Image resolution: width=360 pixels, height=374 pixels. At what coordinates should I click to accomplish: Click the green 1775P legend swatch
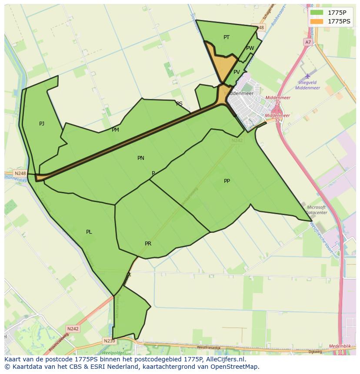point(317,12)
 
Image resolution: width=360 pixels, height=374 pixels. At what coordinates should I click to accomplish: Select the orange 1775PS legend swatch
point(317,21)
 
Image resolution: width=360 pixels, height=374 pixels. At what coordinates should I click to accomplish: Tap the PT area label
point(227,37)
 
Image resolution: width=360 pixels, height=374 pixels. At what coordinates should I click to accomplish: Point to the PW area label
point(250,48)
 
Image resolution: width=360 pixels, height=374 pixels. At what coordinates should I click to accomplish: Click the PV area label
point(237,72)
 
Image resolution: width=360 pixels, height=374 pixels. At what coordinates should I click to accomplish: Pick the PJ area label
point(42,124)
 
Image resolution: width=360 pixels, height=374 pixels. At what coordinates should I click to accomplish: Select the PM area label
point(115,130)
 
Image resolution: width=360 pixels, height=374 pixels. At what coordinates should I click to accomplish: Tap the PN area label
point(141,158)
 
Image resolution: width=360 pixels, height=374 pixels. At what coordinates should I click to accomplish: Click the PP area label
point(227,181)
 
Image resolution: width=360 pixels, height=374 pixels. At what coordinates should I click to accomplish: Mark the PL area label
point(89,232)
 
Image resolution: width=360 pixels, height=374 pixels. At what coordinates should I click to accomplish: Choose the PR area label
point(148,244)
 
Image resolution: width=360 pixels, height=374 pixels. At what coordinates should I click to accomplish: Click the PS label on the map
point(179,104)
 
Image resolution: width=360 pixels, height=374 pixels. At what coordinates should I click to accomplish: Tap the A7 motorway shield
point(308,42)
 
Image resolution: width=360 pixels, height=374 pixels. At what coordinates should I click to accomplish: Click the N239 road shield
point(109,341)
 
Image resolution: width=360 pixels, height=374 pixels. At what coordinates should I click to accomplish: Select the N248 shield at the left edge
point(20,173)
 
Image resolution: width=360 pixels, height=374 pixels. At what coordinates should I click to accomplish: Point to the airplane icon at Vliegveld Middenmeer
point(308,76)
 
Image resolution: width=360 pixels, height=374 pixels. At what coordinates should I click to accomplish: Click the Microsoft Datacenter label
point(316,210)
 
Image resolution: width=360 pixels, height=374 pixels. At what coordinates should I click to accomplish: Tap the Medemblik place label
point(340,346)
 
